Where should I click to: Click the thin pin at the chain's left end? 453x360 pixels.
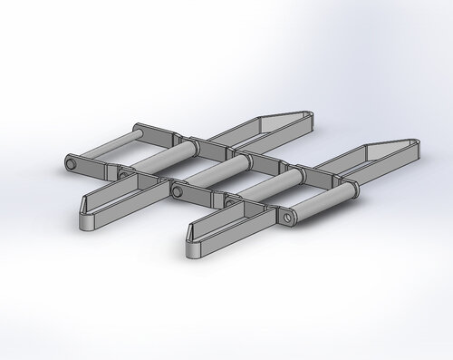click(104, 146)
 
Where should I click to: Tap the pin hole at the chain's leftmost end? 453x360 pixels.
click(70, 162)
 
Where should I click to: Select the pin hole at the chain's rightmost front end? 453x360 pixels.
click(288, 218)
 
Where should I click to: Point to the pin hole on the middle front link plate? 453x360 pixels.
click(177, 191)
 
